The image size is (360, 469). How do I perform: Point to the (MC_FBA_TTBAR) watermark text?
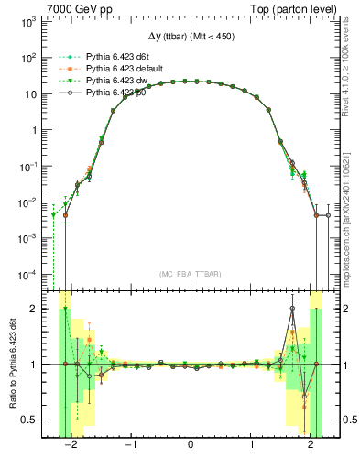tap(190, 274)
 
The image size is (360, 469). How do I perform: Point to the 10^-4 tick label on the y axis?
tap(28, 274)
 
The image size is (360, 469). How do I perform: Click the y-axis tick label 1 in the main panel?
tap(34, 129)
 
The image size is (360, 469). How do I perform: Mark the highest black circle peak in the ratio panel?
tap(292, 309)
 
